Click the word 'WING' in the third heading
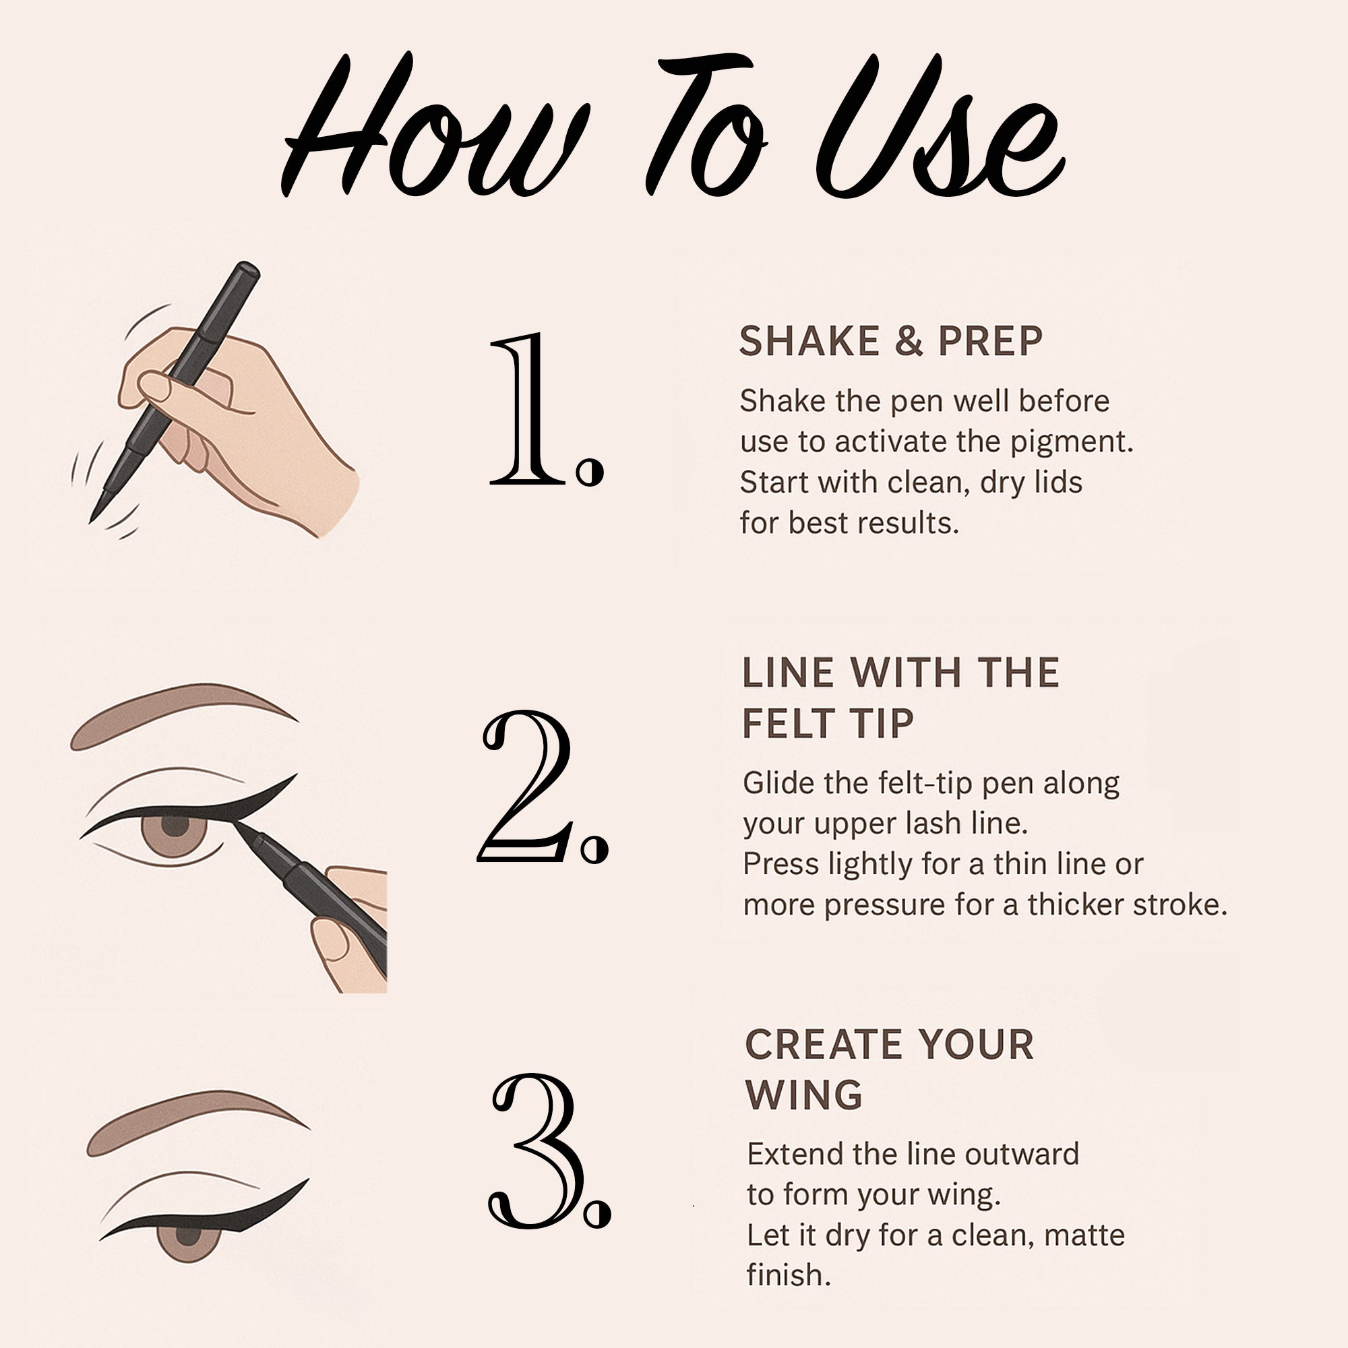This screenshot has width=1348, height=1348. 804,1095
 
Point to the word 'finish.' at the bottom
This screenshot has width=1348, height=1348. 789,1275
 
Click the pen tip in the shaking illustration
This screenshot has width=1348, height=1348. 94,517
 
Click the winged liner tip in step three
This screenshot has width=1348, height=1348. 304,1183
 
